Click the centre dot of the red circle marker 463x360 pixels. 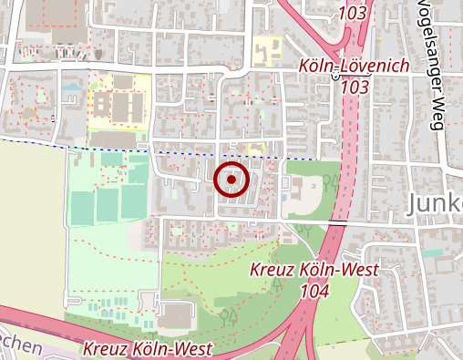pyautogui.click(x=231, y=180)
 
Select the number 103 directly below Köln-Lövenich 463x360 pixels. pyautogui.click(x=356, y=87)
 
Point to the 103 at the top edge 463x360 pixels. pyautogui.click(x=353, y=14)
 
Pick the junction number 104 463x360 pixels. pyautogui.click(x=313, y=290)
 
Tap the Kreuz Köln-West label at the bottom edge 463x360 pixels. pyautogui.click(x=147, y=349)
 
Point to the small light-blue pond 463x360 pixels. pyautogui.click(x=71, y=87)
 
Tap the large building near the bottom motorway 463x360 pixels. pyautogui.click(x=175, y=317)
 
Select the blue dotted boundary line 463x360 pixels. pyautogui.click(x=109, y=147)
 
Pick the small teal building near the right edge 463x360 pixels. pyautogui.click(x=432, y=252)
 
